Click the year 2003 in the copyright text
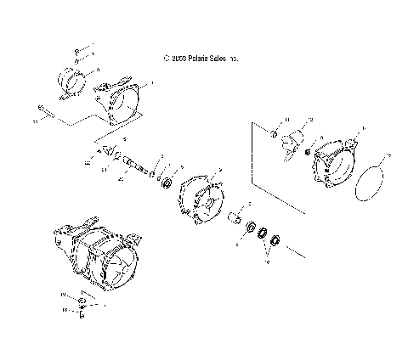point(178,59)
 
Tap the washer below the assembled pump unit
point(82,302)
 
